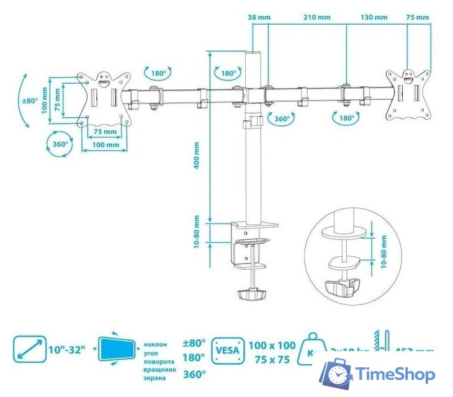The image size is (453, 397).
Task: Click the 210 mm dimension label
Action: (317, 17)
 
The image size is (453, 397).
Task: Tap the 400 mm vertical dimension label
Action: (197, 156)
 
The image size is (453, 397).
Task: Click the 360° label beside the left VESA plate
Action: (60, 145)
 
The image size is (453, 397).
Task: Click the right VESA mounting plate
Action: (408, 94)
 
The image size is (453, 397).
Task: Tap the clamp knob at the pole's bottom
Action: (251, 293)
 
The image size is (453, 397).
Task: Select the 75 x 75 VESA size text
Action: (272, 359)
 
